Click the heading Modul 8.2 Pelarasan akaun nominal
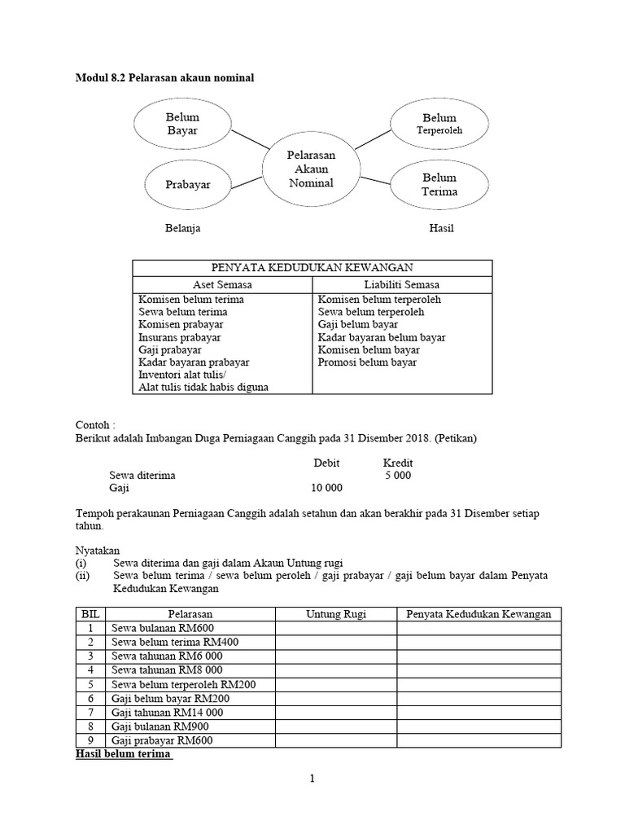[x=165, y=77]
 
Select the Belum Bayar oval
[x=182, y=124]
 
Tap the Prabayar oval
[x=188, y=185]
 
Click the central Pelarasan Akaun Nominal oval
[x=311, y=169]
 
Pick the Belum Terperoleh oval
[x=439, y=124]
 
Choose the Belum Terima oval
[x=439, y=185]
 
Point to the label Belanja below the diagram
[x=183, y=228]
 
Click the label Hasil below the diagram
[x=441, y=228]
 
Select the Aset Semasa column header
[x=222, y=284]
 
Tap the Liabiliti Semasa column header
[x=402, y=284]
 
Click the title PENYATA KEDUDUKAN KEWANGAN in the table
[x=312, y=268]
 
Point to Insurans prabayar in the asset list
[x=179, y=337]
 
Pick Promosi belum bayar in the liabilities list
[x=367, y=362]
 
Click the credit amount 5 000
[x=398, y=475]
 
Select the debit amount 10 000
[x=326, y=488]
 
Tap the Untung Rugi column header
[x=335, y=614]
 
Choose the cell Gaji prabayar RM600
[x=162, y=740]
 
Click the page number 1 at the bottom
[x=312, y=779]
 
